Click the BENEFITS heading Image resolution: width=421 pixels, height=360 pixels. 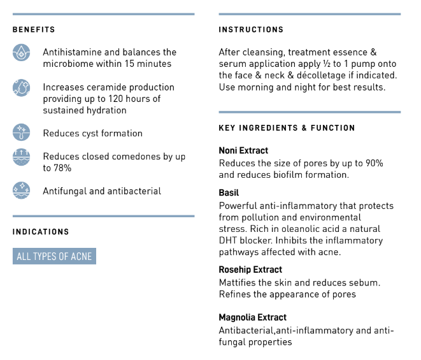tap(34, 30)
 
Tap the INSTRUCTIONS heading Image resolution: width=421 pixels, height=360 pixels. tap(251, 30)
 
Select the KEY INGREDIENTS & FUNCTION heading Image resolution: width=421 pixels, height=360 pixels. tap(287, 128)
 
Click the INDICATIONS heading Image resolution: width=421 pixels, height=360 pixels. tap(41, 232)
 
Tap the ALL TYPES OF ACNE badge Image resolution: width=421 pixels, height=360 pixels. tap(54, 257)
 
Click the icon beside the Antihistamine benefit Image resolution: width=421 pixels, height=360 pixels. tap(22, 52)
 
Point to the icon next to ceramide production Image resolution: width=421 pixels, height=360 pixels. tap(22, 88)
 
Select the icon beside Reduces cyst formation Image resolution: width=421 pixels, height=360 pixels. tap(22, 133)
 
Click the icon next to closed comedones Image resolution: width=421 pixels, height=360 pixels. tap(22, 157)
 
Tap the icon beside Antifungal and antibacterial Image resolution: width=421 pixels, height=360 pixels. tap(22, 190)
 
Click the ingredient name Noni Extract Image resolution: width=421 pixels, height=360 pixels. tap(243, 151)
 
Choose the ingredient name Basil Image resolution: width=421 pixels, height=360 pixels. tap(229, 192)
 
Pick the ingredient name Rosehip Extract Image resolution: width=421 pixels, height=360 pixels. tap(250, 270)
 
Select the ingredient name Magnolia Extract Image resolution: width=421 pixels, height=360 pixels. tap(252, 317)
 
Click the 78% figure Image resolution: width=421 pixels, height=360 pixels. tap(62, 168)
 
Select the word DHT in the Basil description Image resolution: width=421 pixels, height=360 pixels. tap(228, 240)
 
